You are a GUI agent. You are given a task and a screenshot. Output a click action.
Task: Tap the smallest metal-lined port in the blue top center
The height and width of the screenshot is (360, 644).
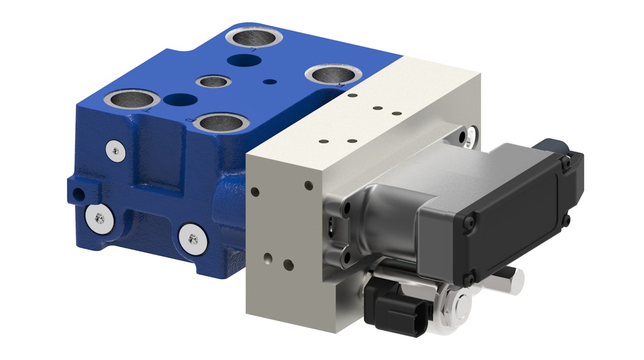click(213, 82)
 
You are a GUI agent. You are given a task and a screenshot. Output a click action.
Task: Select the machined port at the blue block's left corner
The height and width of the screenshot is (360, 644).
click(131, 99)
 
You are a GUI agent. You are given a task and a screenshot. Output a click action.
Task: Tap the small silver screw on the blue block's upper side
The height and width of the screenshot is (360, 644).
click(113, 150)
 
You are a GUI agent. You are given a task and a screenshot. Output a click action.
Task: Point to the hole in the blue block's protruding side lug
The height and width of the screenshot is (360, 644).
click(80, 192)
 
